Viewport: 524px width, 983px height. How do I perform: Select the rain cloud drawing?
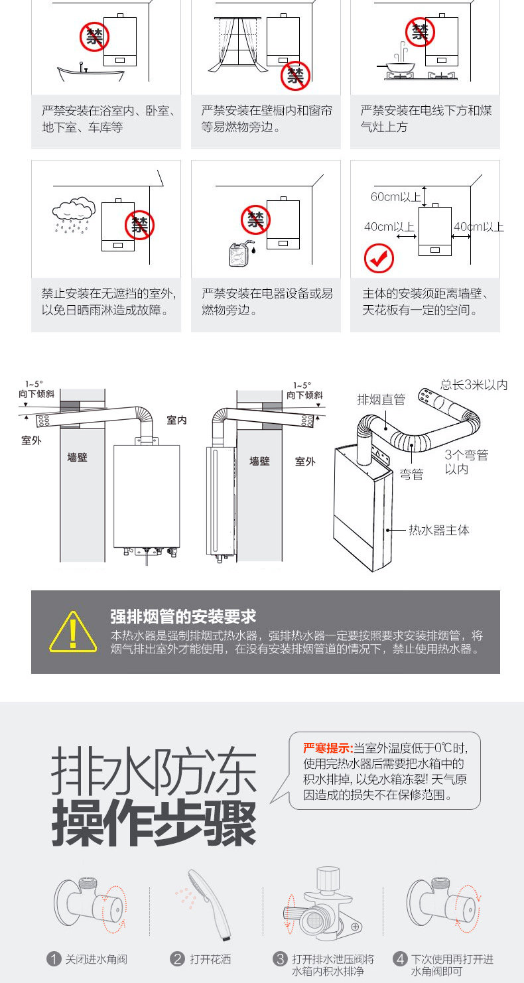(x=72, y=212)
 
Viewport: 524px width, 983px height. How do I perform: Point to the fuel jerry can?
(x=240, y=253)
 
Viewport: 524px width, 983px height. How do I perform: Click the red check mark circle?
(x=379, y=259)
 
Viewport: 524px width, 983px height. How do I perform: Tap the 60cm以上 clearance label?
(x=396, y=196)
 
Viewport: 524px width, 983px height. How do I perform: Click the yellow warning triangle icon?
(x=73, y=631)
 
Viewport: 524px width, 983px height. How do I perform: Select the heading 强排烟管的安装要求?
(x=183, y=616)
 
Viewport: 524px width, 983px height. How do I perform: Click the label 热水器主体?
(x=438, y=530)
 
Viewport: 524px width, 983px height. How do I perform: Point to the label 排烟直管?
(x=381, y=399)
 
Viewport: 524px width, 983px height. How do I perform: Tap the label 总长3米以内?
(x=474, y=385)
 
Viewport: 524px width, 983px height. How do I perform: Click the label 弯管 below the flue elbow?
(x=412, y=475)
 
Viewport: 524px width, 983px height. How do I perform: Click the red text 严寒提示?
(x=328, y=748)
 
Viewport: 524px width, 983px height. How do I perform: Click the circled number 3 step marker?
(x=280, y=958)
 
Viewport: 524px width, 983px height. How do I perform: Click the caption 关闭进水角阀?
(x=96, y=959)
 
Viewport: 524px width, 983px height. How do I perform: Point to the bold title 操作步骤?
(x=154, y=822)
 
